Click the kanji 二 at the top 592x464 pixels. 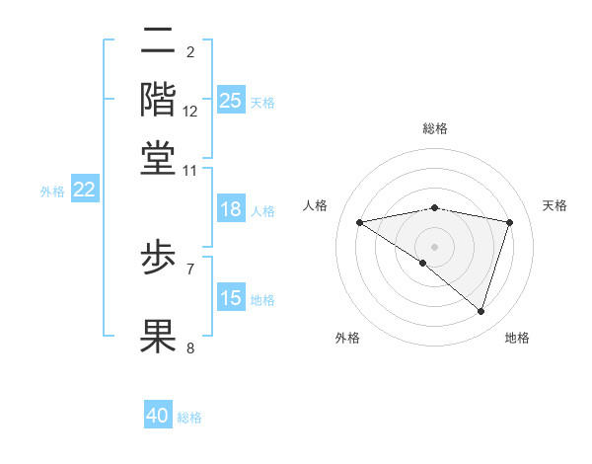(159, 40)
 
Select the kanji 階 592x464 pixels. (159, 100)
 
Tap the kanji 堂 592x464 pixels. (159, 158)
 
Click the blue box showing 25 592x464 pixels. (230, 100)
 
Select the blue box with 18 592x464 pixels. (230, 209)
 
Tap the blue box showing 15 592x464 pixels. (230, 298)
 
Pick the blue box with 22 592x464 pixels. (84, 191)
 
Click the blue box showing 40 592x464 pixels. (158, 416)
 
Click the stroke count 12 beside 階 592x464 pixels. (190, 112)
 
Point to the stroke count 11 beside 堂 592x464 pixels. (190, 170)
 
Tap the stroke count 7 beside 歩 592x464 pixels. (190, 268)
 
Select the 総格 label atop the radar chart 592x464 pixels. (434, 128)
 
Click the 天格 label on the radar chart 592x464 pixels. (555, 205)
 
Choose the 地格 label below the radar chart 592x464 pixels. (517, 339)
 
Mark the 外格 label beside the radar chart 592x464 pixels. (347, 339)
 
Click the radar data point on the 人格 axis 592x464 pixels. (360, 222)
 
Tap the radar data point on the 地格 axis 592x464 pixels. (481, 311)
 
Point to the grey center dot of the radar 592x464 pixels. (434, 246)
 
